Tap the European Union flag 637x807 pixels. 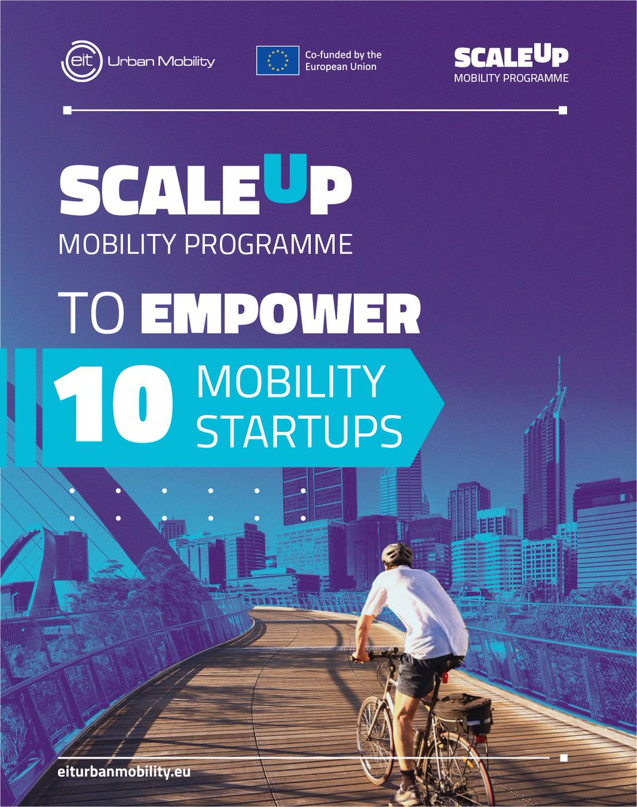277,61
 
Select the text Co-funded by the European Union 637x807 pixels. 343,61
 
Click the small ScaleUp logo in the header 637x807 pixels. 511,63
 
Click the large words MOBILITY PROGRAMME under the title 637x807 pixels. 205,244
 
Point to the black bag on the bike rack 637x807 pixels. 464,713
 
